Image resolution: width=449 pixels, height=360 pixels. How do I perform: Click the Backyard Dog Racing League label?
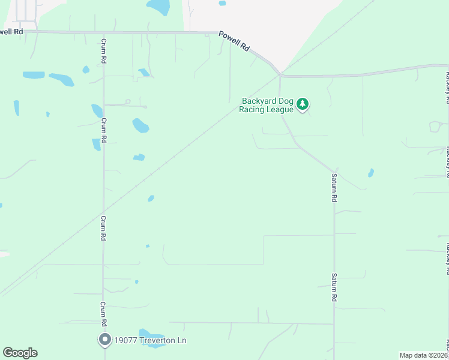[x=267, y=105]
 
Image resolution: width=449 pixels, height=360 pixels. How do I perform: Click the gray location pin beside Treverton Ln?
[x=105, y=340]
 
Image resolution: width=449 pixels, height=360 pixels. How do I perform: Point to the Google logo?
[x=20, y=353]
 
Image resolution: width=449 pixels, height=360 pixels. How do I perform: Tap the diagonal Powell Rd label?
[x=234, y=41]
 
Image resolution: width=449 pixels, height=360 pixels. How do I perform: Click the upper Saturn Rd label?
[x=334, y=187]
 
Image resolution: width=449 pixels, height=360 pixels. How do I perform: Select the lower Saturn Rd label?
[x=334, y=287]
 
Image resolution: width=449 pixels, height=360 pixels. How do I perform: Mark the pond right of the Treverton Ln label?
[x=152, y=337]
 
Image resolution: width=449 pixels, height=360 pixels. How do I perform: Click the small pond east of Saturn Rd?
[x=371, y=173]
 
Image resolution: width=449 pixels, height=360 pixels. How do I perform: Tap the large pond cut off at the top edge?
[x=158, y=7]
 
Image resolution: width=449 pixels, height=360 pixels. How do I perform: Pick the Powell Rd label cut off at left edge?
[x=11, y=31]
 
